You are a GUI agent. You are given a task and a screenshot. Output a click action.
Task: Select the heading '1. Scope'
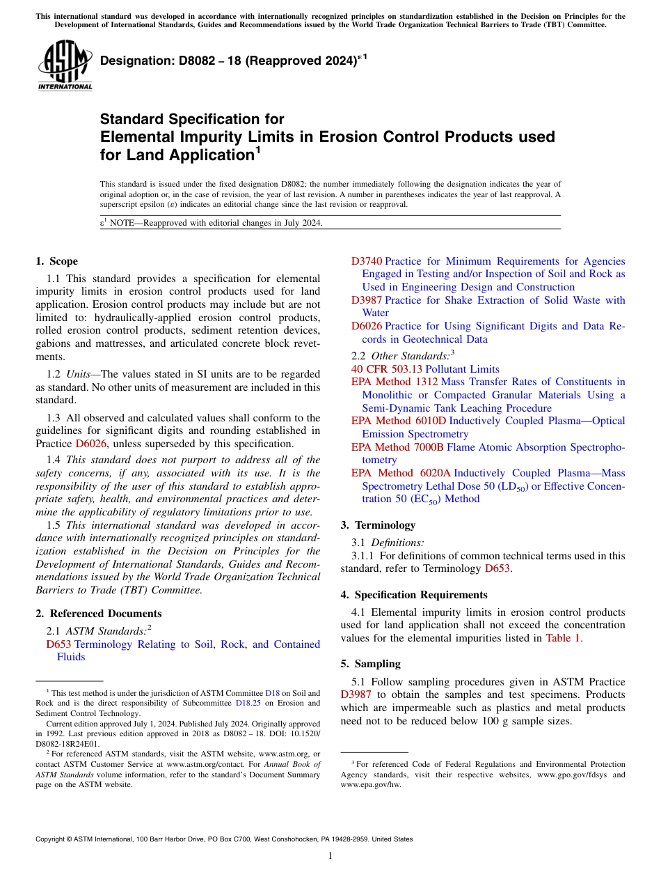click(56, 261)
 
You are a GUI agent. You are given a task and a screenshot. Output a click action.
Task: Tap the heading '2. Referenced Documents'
click(99, 614)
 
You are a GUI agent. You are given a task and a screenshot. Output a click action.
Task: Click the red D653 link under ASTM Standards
click(58, 644)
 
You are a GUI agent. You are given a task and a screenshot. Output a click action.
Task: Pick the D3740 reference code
click(366, 261)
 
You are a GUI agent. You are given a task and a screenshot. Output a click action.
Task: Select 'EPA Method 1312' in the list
click(395, 382)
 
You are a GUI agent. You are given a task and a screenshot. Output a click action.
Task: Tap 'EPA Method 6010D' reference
click(399, 421)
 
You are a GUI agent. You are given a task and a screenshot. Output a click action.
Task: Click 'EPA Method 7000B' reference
click(397, 447)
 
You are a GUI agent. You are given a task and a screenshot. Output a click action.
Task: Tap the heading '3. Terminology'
click(378, 525)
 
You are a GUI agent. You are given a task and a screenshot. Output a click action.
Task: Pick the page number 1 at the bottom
click(330, 855)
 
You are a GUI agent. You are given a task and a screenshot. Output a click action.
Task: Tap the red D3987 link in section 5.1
click(356, 694)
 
